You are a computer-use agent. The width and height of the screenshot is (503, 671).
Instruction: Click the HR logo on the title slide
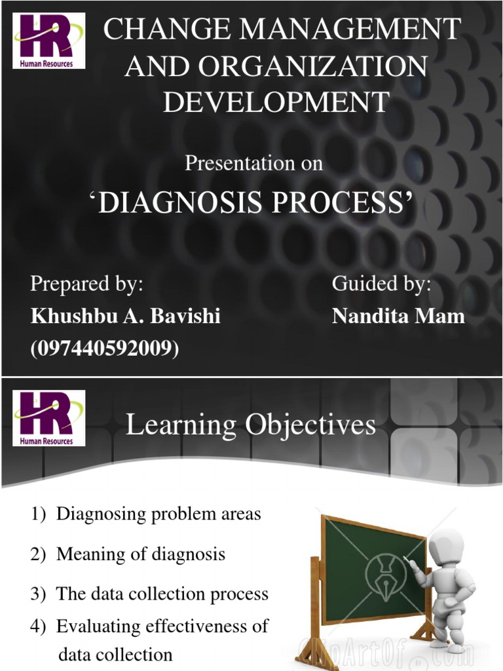coord(48,41)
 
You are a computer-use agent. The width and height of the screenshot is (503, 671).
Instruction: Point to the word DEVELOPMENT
coord(276,102)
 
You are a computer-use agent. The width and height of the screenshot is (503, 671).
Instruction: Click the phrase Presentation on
coord(253,163)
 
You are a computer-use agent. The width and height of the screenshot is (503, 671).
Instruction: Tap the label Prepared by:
coord(86,284)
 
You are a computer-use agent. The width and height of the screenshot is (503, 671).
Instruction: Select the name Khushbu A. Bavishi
coord(126,316)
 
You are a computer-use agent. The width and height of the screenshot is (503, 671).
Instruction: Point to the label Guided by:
coord(381,284)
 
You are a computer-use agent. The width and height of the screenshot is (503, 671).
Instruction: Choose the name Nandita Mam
coord(398,316)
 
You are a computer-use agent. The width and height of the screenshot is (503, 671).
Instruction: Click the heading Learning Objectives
coord(250,425)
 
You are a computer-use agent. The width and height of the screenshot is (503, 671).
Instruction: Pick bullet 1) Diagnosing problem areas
coord(145,514)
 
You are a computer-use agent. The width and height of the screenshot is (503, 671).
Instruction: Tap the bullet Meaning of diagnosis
coord(140,554)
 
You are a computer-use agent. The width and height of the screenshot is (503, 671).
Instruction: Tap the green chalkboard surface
coord(367,570)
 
